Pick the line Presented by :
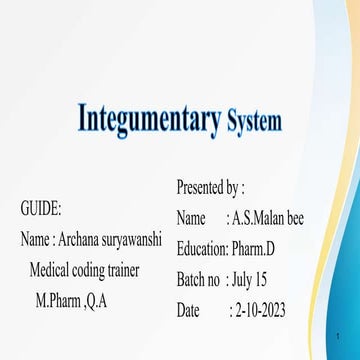[x=210, y=187]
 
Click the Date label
[x=188, y=311]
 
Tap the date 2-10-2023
[x=262, y=311]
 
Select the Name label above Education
[x=191, y=218]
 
